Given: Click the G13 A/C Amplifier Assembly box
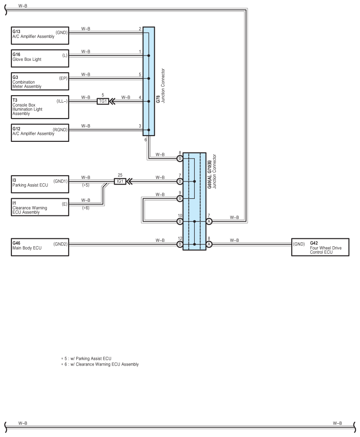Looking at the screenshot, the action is point(40,36).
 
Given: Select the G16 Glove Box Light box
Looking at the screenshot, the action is point(40,59).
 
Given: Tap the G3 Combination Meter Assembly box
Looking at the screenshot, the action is point(40,81).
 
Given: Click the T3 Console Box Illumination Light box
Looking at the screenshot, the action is point(40,107).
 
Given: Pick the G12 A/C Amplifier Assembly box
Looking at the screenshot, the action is point(40,133).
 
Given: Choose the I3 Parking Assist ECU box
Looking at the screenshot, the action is point(40,184).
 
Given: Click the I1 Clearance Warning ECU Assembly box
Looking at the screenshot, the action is point(40,207).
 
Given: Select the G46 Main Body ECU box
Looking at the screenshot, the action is point(40,247).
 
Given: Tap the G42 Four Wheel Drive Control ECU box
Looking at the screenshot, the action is point(320,247).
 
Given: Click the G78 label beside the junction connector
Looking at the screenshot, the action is point(158,100).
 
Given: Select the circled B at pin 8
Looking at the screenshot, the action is point(180,159).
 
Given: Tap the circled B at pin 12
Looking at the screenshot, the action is point(180,244).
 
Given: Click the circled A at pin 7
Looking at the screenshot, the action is point(209,222).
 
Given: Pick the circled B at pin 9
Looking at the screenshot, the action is point(180,198).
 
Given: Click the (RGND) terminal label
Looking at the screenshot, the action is point(60,130).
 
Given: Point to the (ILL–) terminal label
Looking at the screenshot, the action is point(62,101).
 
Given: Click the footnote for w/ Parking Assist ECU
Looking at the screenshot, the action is point(86,359).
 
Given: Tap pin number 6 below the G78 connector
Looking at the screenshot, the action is point(145,140).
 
